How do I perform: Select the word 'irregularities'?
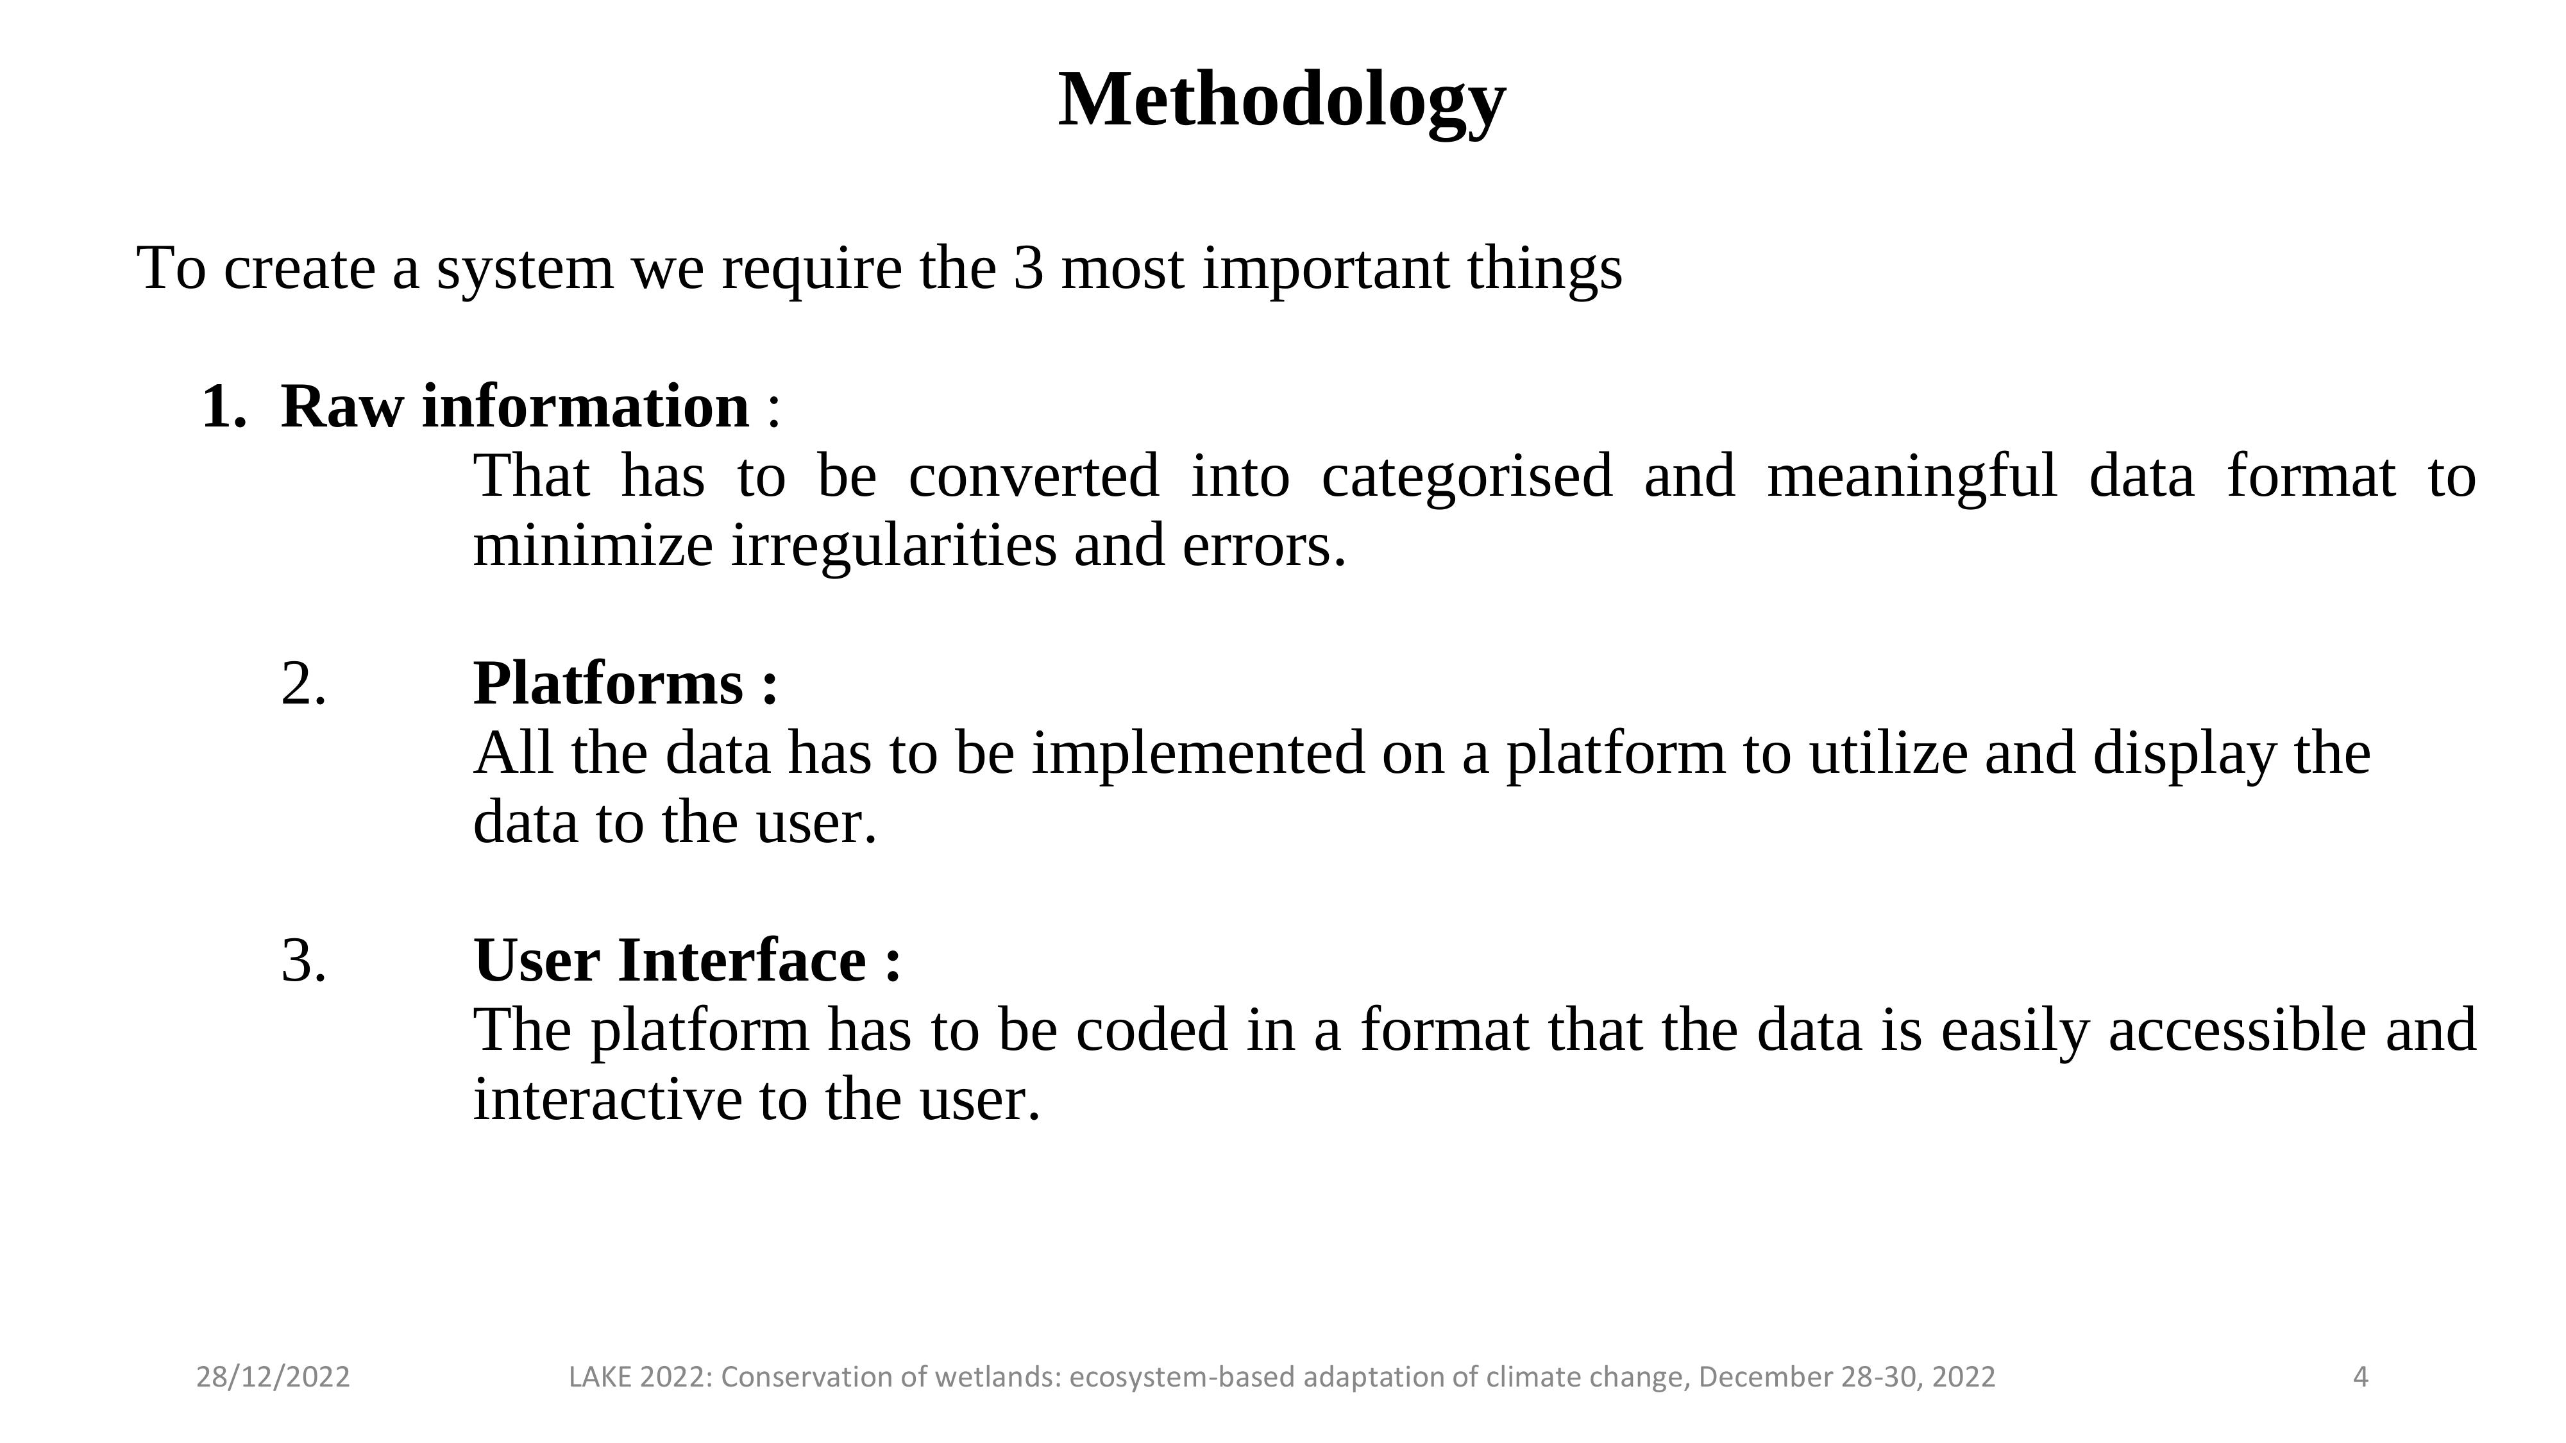pos(893,546)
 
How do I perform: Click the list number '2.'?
pos(304,684)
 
